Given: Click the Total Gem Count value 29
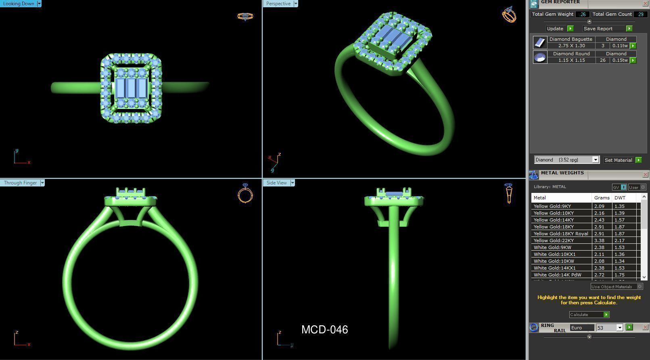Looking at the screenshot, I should click(640, 14).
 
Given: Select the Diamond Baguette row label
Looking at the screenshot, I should click(571, 39).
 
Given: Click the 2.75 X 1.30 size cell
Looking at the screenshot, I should click(571, 46).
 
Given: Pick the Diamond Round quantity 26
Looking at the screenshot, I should click(602, 60).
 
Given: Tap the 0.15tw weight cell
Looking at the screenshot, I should click(619, 60).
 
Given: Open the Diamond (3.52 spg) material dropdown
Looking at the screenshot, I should click(595, 160).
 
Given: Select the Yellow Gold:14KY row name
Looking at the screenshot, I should click(553, 220).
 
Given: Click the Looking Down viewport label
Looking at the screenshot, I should click(19, 4).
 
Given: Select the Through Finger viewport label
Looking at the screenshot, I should click(20, 183).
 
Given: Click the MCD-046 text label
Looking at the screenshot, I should click(324, 330).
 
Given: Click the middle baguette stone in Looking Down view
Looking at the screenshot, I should click(131, 88).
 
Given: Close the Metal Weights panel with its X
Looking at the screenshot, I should click(645, 175).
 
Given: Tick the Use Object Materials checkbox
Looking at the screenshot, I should click(640, 287).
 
